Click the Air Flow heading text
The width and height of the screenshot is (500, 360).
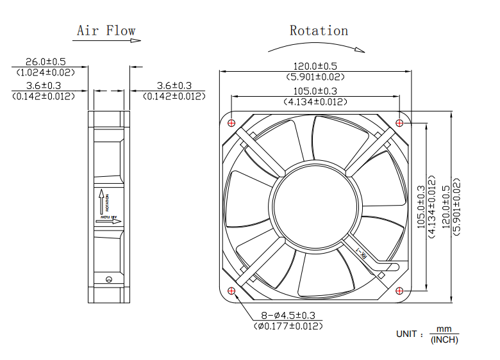click(106, 30)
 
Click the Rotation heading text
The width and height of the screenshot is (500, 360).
click(319, 30)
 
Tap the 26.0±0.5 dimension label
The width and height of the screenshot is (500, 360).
click(45, 62)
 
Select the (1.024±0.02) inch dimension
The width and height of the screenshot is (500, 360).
click(45, 72)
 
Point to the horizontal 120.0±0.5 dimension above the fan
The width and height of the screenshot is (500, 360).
click(315, 66)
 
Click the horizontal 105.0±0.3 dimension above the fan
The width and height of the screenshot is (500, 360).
click(315, 91)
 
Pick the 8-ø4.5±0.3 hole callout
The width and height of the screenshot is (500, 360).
click(288, 315)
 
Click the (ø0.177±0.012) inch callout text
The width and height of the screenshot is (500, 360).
click(288, 326)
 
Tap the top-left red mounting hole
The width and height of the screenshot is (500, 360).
click(231, 122)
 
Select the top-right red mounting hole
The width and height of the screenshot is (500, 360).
click(400, 122)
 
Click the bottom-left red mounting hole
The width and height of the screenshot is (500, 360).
click(231, 291)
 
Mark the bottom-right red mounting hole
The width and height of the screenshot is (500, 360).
click(400, 291)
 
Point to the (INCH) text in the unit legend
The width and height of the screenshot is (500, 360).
click(444, 340)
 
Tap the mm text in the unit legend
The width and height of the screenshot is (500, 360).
click(444, 329)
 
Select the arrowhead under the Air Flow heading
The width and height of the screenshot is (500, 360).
click(135, 40)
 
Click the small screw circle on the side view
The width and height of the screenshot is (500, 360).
click(108, 278)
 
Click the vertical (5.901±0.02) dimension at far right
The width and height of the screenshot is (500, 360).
click(456, 206)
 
